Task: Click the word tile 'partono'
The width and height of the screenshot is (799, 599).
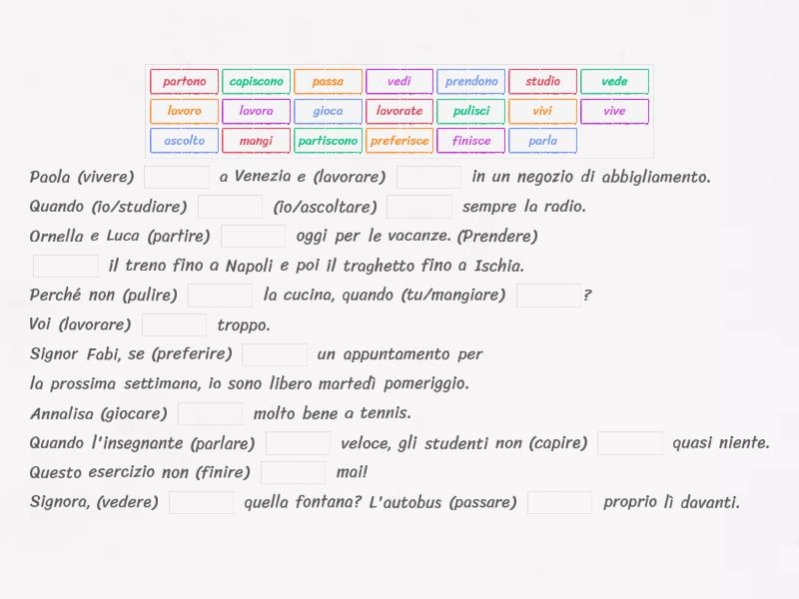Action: pyautogui.click(x=185, y=82)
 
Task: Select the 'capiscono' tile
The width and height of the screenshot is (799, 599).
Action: pyautogui.click(x=256, y=82)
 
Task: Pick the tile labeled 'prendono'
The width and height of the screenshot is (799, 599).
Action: pyautogui.click(x=471, y=82)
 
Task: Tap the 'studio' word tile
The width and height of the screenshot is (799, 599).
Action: pyautogui.click(x=542, y=82)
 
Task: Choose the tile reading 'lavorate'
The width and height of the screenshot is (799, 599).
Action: pyautogui.click(x=399, y=111)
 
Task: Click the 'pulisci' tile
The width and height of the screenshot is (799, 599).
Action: pyautogui.click(x=471, y=111)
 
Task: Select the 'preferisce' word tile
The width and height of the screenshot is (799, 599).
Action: pyautogui.click(x=399, y=141)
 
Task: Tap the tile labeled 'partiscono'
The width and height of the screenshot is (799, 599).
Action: pyautogui.click(x=328, y=141)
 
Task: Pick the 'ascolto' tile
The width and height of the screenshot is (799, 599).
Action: pyautogui.click(x=185, y=141)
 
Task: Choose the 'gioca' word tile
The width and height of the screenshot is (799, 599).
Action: pyautogui.click(x=328, y=111)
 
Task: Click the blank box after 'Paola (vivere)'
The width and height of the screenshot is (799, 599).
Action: pyautogui.click(x=177, y=178)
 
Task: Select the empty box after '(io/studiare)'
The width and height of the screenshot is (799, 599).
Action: pyautogui.click(x=230, y=207)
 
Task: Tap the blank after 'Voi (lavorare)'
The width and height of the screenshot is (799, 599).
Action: pyautogui.click(x=174, y=324)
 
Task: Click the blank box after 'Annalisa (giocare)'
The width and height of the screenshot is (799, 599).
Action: pyautogui.click(x=210, y=413)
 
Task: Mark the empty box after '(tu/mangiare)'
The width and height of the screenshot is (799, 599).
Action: pyautogui.click(x=548, y=296)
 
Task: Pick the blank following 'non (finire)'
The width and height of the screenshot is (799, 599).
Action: pyautogui.click(x=293, y=472)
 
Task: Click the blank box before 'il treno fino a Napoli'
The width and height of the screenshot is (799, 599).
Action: pyautogui.click(x=66, y=266)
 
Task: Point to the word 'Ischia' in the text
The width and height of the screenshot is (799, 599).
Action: pyautogui.click(x=498, y=267)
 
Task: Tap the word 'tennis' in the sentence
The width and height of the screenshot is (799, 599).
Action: pyautogui.click(x=386, y=413)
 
